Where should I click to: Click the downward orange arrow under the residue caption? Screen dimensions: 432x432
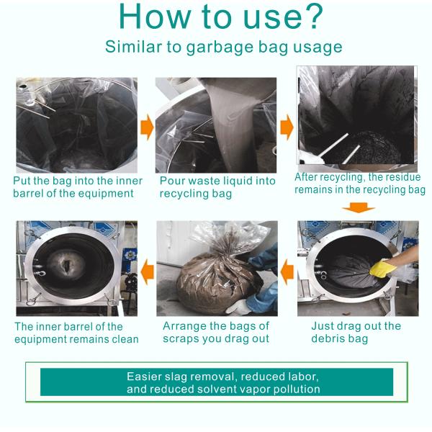pyautogui.click(x=358, y=209)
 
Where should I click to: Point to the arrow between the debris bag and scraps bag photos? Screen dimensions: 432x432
pyautogui.click(x=287, y=271)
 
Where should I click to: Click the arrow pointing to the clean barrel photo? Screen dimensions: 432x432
pyautogui.click(x=147, y=271)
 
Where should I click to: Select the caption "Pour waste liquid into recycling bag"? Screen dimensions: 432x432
pyautogui.click(x=217, y=187)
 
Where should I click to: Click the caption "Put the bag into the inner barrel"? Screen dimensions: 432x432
pyautogui.click(x=78, y=187)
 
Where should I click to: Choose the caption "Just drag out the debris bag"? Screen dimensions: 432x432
pyautogui.click(x=356, y=332)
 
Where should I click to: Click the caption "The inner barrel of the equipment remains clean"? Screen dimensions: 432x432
pyautogui.click(x=76, y=333)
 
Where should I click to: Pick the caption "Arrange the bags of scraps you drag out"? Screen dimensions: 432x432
pyautogui.click(x=216, y=332)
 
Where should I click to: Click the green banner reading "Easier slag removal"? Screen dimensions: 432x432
pyautogui.click(x=217, y=382)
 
